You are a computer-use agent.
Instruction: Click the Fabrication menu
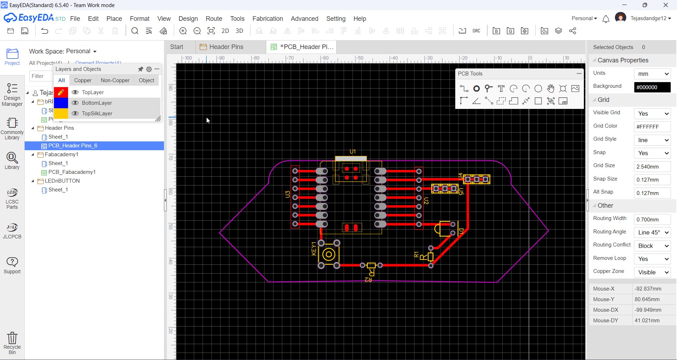coord(267,19)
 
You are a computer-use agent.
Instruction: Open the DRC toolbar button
coord(476,31)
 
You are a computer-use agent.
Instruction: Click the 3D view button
coord(239,31)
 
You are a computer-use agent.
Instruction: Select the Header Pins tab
coord(226,47)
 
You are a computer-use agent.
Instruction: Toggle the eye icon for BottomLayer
coord(75,103)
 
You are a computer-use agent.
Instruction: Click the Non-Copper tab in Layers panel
coord(115,80)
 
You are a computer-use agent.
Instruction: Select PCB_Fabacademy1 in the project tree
coord(72,172)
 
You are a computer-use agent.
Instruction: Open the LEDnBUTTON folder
coord(62,181)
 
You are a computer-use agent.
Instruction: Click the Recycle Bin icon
coord(12,342)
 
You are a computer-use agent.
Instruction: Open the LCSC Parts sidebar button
coord(12,199)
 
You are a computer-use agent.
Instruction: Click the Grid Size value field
coord(652,166)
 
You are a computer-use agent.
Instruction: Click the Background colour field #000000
coord(652,87)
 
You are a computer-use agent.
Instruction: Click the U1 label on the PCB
coord(352,152)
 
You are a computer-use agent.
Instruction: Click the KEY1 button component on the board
coord(329,254)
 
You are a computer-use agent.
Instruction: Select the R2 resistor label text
coord(368,280)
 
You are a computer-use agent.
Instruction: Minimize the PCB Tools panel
coord(579,73)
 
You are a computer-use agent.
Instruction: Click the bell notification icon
coord(606,19)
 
